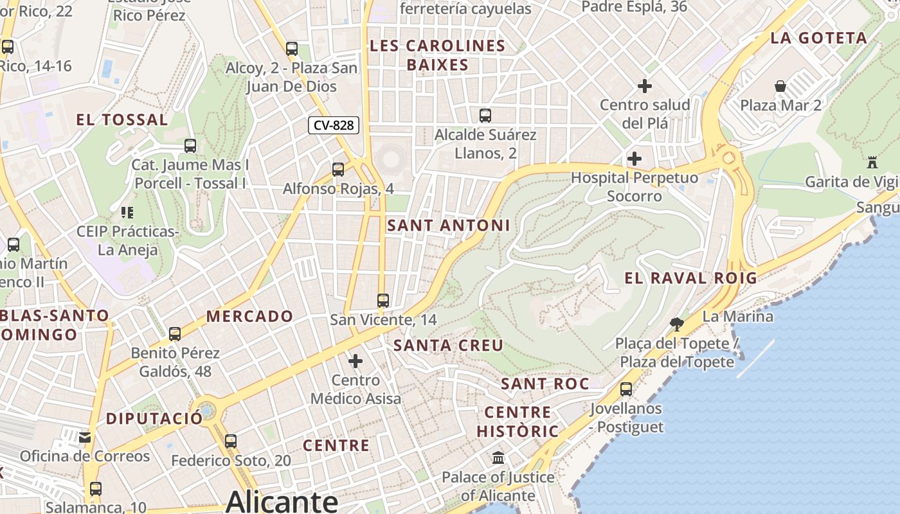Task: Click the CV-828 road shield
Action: coord(333,125)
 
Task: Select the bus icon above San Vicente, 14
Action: coord(383,300)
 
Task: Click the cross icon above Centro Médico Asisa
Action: coord(355,361)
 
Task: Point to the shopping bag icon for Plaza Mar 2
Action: coord(780,86)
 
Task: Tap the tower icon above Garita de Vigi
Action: coord(872,162)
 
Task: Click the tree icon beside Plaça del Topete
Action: coord(676,324)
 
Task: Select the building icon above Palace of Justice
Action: coord(498,458)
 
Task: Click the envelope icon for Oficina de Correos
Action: coord(85,438)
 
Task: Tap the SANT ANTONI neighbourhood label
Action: coord(449,226)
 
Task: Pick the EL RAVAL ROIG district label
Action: coord(691,278)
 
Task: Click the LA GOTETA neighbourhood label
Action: coord(818,38)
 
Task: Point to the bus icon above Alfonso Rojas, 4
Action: coord(338,170)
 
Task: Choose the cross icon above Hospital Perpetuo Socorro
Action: coord(634,158)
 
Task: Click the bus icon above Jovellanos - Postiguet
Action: coord(626,389)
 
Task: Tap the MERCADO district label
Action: coord(249,316)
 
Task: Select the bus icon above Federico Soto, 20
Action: coord(231,441)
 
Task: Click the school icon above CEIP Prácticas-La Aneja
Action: coord(127,212)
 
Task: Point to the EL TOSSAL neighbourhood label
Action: coord(122,120)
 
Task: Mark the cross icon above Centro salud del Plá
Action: coord(645,85)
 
